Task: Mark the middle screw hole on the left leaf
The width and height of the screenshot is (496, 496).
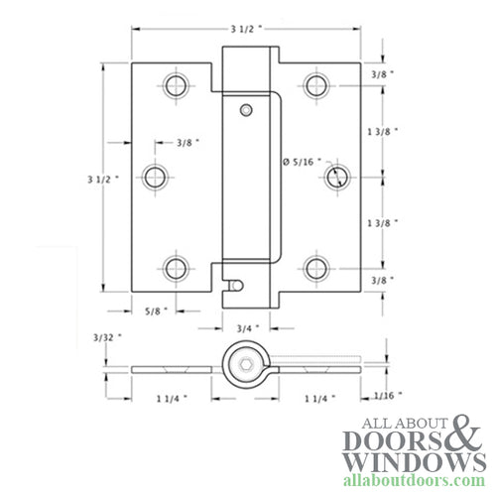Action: [x=155, y=178]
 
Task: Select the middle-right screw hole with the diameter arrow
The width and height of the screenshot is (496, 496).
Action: [x=337, y=178]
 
